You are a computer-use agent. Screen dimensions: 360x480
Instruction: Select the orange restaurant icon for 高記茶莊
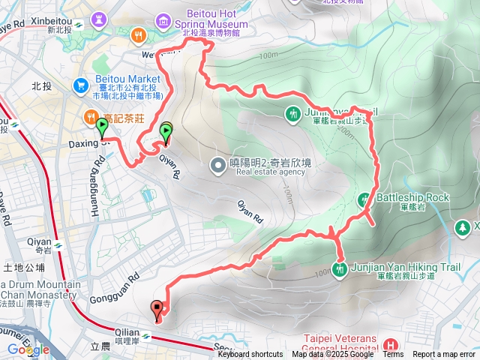pos(90,118)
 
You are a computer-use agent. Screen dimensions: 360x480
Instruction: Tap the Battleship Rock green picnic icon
pos(364,199)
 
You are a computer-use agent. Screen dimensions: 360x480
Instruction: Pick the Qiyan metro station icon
pos(58,242)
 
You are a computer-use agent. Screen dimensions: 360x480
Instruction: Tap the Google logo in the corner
pos(28,349)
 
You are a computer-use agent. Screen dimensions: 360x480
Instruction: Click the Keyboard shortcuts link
pos(250,355)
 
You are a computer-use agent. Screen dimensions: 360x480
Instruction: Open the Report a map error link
pos(444,355)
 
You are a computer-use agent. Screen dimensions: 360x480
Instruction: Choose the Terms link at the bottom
pos(393,355)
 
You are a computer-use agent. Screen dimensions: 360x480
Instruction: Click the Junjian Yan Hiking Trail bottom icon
pos(341,268)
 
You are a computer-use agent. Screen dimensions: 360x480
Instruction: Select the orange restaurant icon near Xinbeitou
pos(137,34)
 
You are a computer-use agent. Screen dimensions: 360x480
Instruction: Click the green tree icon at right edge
pos(464,226)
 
